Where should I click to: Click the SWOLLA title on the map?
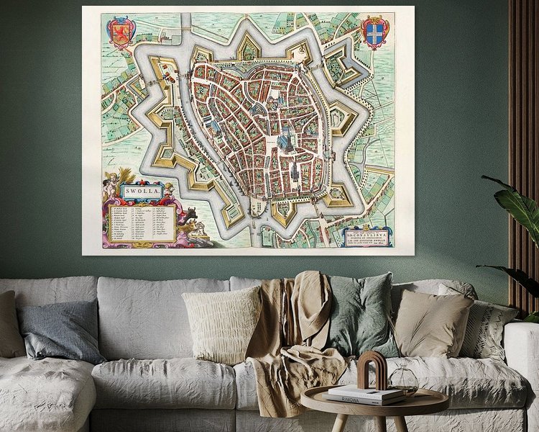pyautogui.click(x=142, y=192)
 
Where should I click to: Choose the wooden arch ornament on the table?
pyautogui.click(x=373, y=370)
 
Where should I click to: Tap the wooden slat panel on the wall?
pyautogui.click(x=523, y=108)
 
